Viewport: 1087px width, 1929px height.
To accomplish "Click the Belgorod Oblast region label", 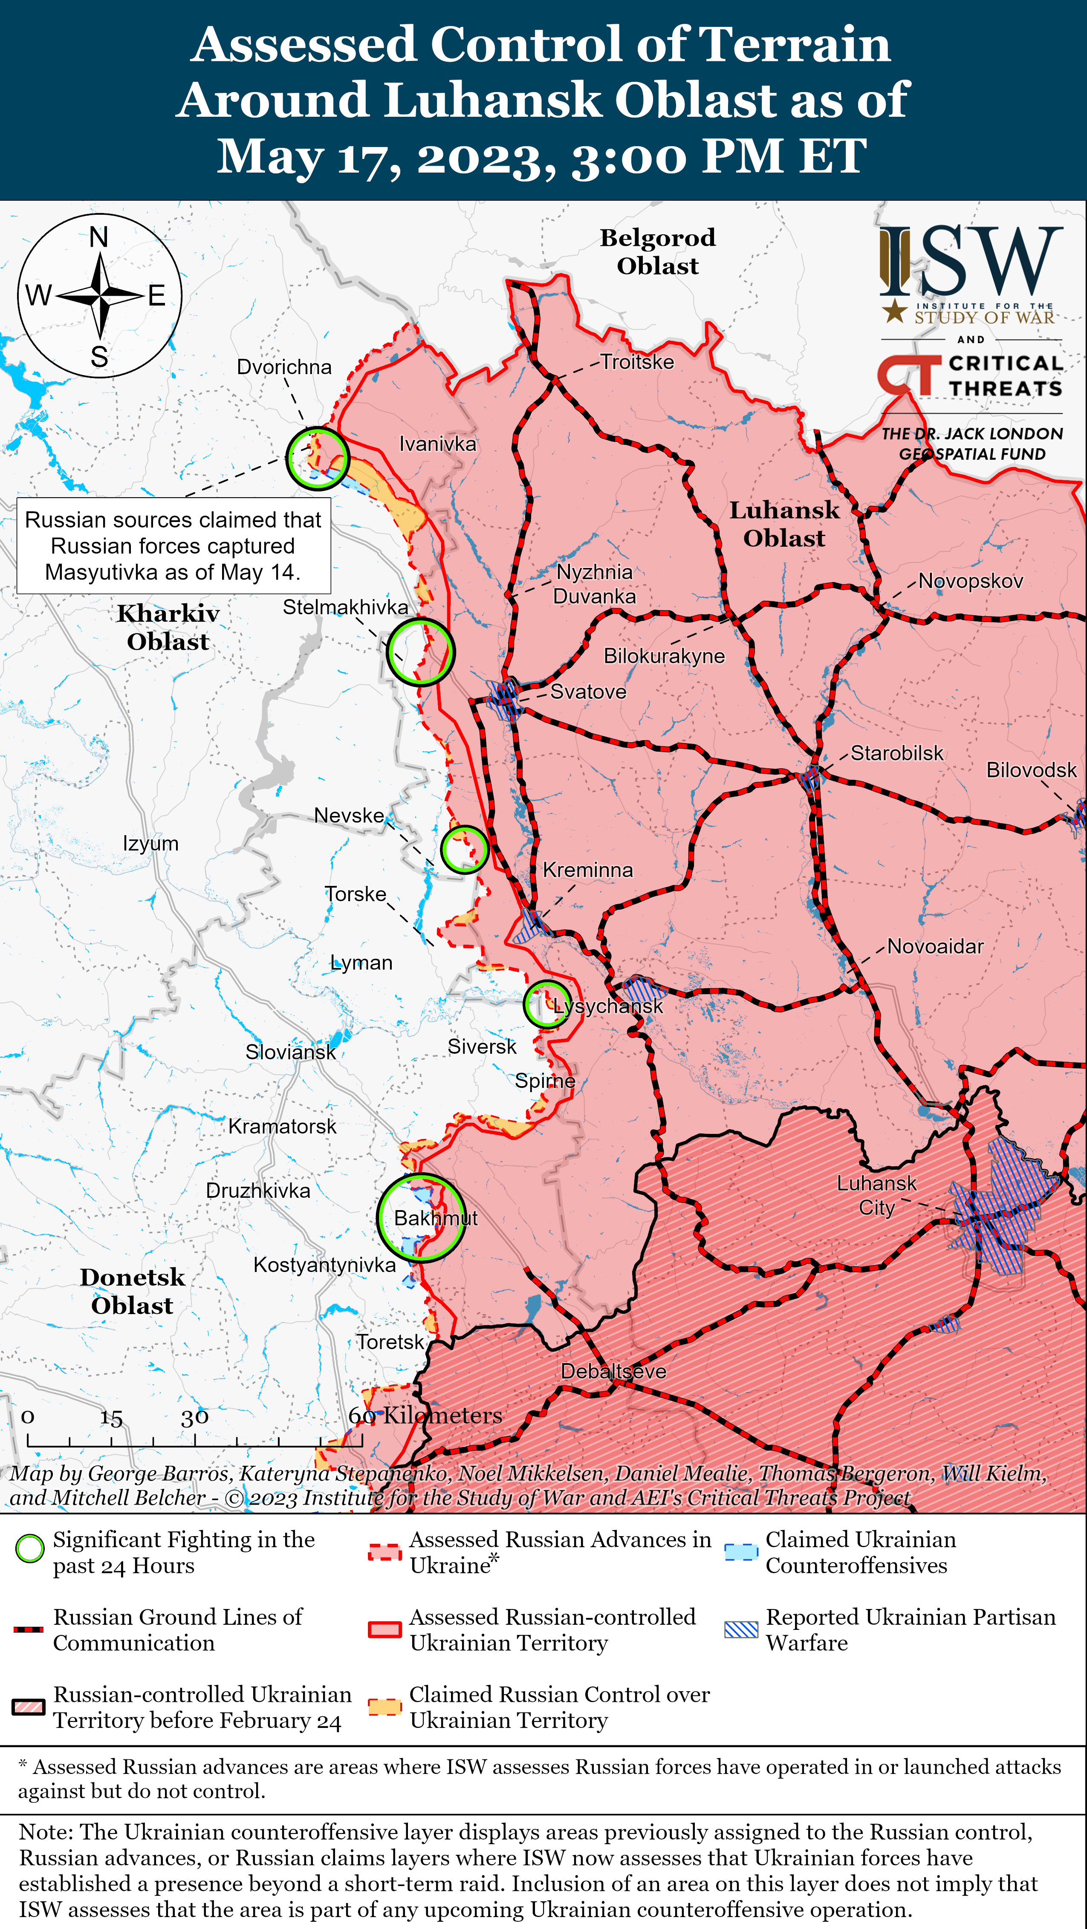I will coord(657,251).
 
